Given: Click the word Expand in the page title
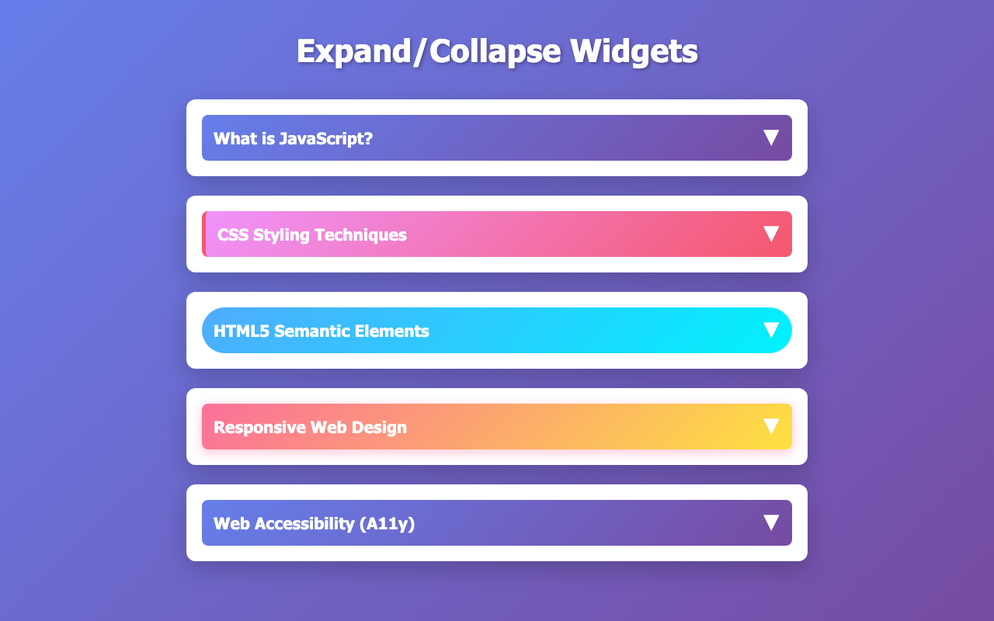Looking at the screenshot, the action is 354,52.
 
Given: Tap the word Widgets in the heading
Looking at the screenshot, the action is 634,52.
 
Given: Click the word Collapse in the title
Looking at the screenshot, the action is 495,52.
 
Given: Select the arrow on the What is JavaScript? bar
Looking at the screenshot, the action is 771,137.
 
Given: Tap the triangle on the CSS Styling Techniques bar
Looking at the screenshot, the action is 771,234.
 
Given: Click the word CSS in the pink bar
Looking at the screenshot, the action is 233,234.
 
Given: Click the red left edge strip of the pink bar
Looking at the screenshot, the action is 203,234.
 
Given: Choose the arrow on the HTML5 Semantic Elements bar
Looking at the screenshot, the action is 771,330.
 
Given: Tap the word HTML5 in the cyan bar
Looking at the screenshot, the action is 242,331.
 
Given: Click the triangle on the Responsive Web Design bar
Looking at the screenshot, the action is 771,426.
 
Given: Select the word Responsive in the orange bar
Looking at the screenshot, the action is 259,428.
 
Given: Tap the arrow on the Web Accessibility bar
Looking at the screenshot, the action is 771,522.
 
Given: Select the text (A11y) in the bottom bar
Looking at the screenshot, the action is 388,524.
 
